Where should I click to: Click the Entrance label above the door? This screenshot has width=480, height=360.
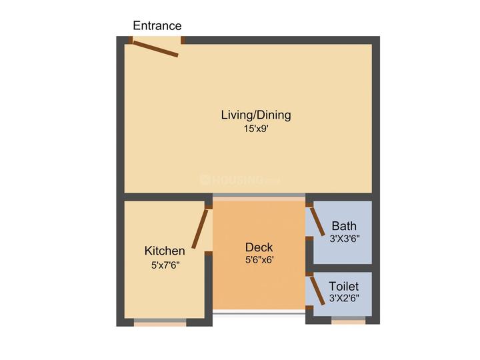click(x=157, y=25)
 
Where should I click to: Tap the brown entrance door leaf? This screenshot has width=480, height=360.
click(x=155, y=49)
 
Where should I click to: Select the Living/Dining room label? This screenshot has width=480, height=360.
click(x=256, y=115)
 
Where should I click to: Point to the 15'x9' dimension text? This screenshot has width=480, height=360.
click(x=256, y=129)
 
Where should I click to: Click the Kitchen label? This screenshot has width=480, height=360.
click(x=165, y=251)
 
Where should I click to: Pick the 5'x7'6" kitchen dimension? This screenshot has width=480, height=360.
click(x=165, y=265)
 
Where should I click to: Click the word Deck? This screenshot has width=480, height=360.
click(x=259, y=247)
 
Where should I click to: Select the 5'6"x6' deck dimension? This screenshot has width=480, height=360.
click(x=259, y=260)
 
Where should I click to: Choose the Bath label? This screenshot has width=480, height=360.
click(x=344, y=226)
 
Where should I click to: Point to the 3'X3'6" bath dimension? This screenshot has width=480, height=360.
click(x=345, y=239)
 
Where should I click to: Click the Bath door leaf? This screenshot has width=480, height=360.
click(x=317, y=221)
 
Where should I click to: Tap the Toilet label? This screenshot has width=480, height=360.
click(x=344, y=286)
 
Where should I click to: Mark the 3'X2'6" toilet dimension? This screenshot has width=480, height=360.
click(x=345, y=298)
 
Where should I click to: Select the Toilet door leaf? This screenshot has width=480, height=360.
click(x=317, y=291)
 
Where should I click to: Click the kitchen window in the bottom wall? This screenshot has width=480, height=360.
click(x=160, y=323)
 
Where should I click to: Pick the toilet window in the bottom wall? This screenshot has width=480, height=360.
click(x=349, y=321)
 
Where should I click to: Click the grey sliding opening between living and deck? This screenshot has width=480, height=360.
click(x=259, y=195)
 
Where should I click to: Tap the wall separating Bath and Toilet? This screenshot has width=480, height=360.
click(x=343, y=268)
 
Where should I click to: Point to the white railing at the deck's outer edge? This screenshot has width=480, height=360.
click(x=259, y=312)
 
